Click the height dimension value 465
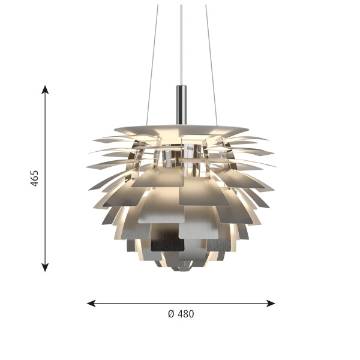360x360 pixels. point(34,178)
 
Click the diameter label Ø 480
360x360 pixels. point(181,314)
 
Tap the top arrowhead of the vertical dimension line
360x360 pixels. point(45,89)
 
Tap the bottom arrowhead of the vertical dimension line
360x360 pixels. point(45,268)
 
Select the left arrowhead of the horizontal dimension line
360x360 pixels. point(91,303)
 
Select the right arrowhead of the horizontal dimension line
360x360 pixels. point(271,303)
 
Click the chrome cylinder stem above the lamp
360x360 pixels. point(181,105)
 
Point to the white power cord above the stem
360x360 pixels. point(181,45)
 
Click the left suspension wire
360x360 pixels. point(152,65)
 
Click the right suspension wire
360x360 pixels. point(211,65)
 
